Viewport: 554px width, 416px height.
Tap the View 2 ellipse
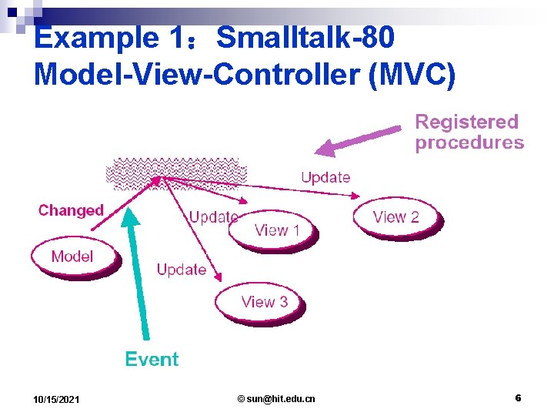point(395,216)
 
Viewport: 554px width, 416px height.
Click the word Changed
point(71,210)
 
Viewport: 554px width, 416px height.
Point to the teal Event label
point(152,359)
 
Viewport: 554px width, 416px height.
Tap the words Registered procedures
point(469,132)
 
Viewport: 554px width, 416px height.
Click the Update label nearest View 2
point(325,177)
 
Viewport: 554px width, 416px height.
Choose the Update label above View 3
point(182,270)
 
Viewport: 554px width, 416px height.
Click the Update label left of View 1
point(213,216)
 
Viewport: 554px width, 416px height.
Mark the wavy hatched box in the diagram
point(177,173)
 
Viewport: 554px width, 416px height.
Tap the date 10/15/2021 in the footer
point(55,399)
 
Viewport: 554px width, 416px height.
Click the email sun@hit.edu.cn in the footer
point(276,398)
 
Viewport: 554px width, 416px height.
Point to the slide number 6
point(518,398)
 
